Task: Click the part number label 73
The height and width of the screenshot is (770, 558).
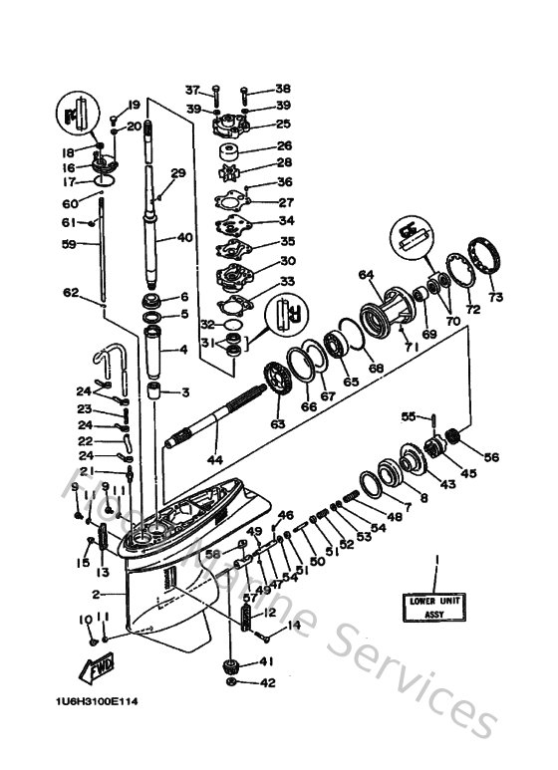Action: (495, 296)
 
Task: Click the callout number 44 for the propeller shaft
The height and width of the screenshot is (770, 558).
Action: (214, 460)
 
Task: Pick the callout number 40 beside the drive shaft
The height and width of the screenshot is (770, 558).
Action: (183, 238)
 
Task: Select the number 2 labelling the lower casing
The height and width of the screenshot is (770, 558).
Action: (96, 595)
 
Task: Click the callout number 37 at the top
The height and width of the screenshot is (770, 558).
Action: (192, 89)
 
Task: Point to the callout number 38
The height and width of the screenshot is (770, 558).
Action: (283, 89)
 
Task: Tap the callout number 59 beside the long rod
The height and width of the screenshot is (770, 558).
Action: (68, 242)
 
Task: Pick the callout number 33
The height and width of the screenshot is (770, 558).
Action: (287, 283)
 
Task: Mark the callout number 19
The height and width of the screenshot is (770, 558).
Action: (134, 106)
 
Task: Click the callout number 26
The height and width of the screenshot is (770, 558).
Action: (284, 145)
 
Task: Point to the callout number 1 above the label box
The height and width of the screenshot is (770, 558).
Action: (434, 566)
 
